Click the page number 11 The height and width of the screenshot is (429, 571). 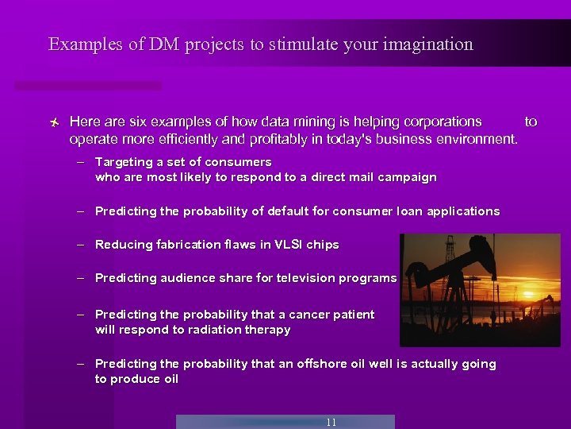(331, 423)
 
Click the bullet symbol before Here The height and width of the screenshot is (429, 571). (52, 122)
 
